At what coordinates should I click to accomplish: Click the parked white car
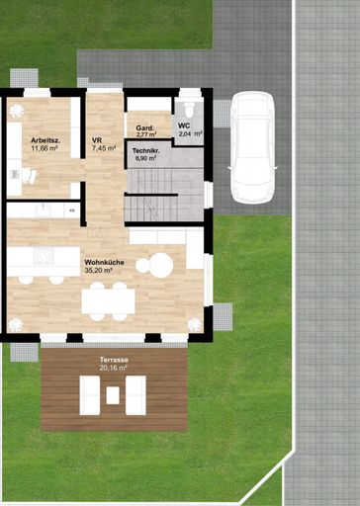[x=253, y=147]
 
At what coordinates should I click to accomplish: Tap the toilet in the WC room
[x=189, y=108]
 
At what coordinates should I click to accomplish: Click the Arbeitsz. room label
[x=45, y=140]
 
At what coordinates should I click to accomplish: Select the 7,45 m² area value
[x=104, y=148]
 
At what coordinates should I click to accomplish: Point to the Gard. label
[x=144, y=127]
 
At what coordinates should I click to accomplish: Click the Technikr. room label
[x=146, y=151]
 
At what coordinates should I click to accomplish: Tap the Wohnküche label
[x=105, y=263]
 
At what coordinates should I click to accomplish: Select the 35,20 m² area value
[x=99, y=271]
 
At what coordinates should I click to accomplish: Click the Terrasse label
[x=114, y=360]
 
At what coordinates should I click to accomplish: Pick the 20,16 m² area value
[x=114, y=368]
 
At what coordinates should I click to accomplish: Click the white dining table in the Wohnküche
[x=108, y=301]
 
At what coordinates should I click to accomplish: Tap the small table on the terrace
[x=113, y=395]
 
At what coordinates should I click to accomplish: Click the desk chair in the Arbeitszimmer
[x=29, y=175]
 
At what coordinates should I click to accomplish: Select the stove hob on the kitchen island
[x=44, y=255]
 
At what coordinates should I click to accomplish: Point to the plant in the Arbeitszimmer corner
[x=16, y=111]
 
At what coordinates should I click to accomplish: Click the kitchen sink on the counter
[x=44, y=210]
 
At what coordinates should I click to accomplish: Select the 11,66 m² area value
[x=45, y=148]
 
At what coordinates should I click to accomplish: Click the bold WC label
[x=184, y=126]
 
